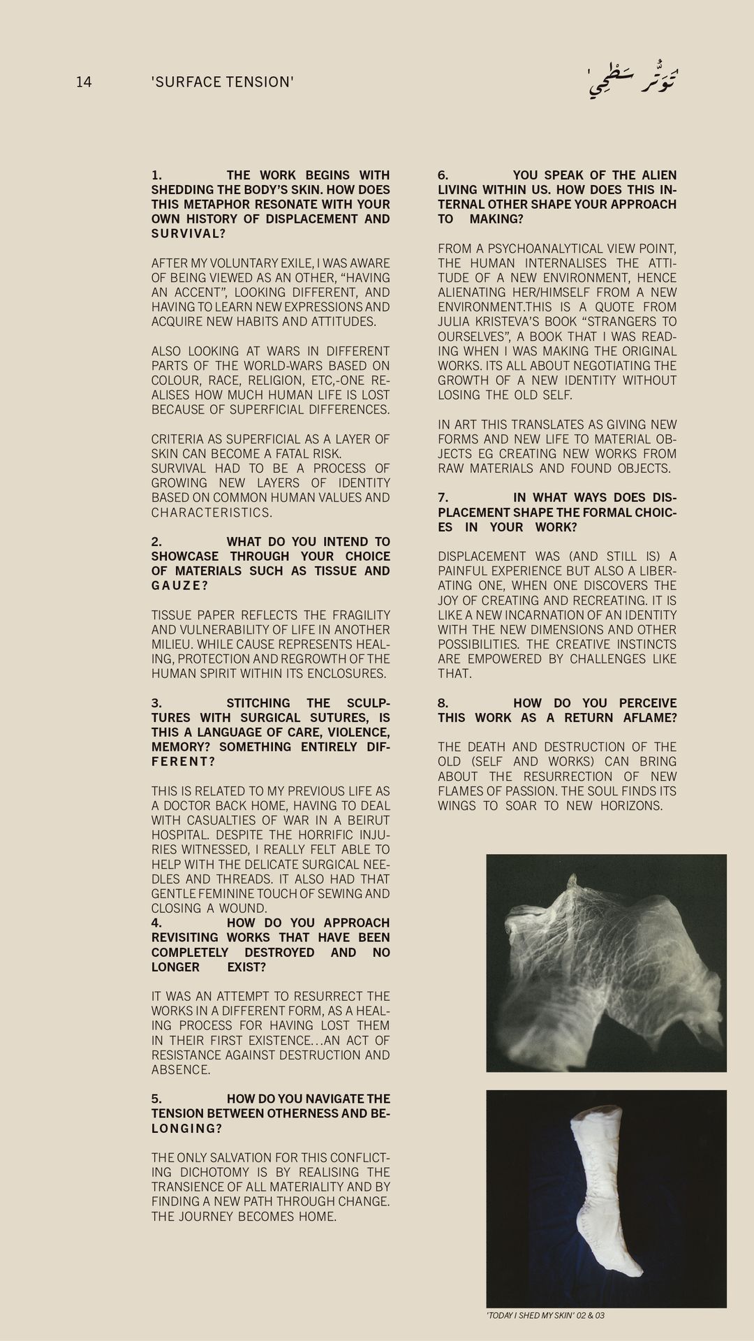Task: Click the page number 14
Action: pyautogui.click(x=84, y=82)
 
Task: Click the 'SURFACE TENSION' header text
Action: pyautogui.click(x=222, y=82)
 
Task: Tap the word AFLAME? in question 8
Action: pyautogui.click(x=650, y=718)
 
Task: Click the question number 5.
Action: pyautogui.click(x=156, y=1099)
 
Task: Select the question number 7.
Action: pyautogui.click(x=443, y=498)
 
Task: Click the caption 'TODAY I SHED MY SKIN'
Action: pyautogui.click(x=531, y=1316)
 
